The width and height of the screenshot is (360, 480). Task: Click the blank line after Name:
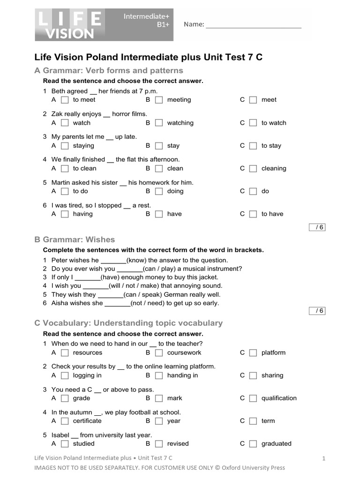[x=253, y=25]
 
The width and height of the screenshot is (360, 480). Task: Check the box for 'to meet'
[x=65, y=100]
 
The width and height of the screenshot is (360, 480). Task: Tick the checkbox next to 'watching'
[x=159, y=123]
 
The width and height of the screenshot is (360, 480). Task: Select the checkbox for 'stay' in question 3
[x=159, y=146]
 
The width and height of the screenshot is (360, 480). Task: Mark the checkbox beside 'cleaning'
[x=253, y=169]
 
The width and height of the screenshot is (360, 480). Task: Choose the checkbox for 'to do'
[x=65, y=191]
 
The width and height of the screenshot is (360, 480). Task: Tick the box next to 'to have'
[x=253, y=214]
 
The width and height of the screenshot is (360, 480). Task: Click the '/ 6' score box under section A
[x=317, y=227]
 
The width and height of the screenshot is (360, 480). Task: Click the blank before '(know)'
[x=113, y=261]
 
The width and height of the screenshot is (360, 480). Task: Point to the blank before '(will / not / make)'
[x=95, y=286]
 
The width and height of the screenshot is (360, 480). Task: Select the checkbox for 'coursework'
[x=159, y=353]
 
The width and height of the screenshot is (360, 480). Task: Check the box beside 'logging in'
[x=65, y=375]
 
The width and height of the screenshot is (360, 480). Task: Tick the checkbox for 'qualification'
[x=253, y=398]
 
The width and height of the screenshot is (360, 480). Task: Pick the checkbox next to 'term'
[x=253, y=421]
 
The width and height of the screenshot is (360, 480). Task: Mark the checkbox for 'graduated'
[x=253, y=444]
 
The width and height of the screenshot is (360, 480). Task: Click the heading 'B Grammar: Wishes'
[x=75, y=240]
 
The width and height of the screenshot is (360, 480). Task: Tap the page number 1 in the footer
[x=323, y=458]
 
